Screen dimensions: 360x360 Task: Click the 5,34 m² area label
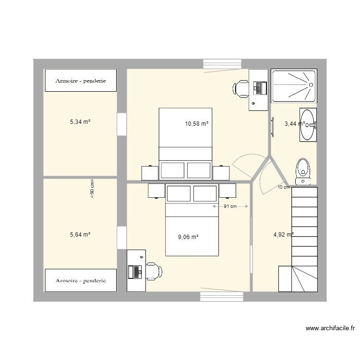(80, 122)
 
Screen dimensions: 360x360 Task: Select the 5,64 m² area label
(80, 235)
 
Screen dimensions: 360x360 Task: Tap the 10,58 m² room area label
(197, 124)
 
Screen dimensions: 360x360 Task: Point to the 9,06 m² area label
(188, 237)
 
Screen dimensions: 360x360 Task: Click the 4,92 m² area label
(283, 235)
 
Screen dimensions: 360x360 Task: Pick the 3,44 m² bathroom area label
(294, 124)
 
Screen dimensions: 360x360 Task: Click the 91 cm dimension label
(230, 207)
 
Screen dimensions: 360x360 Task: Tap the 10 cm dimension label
(284, 187)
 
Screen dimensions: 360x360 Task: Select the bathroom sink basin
(307, 125)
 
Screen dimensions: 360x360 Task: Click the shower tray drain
(311, 85)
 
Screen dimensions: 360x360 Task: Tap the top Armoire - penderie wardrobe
(80, 81)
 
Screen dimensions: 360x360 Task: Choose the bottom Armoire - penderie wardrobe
(80, 280)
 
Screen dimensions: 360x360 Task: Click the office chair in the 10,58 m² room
(240, 88)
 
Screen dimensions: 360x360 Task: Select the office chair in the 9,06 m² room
(154, 271)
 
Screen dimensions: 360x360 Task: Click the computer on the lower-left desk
(135, 272)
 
